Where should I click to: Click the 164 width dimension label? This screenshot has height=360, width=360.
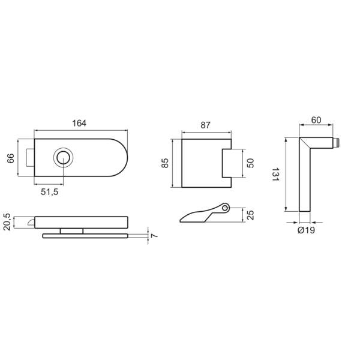coord(79,123)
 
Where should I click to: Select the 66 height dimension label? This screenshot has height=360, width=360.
coord(11,158)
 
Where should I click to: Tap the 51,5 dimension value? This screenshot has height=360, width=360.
coord(50,192)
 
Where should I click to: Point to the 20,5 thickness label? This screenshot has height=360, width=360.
coord(7,222)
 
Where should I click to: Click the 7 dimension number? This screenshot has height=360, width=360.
coord(154,236)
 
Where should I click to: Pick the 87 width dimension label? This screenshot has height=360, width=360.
coord(205,125)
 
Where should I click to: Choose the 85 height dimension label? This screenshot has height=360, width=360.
coord(165,163)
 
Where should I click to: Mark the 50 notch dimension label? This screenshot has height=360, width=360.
coord(251,163)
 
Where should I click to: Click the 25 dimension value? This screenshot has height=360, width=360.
coord(251,215)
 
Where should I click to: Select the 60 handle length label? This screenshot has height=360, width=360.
coord(316,120)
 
